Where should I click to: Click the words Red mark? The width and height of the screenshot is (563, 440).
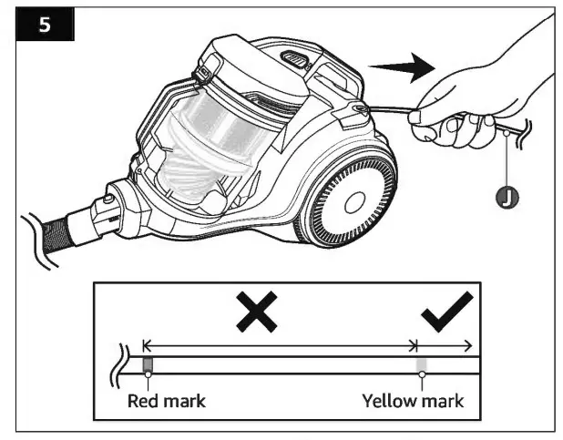click(x=166, y=401)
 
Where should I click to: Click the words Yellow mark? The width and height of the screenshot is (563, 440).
click(x=413, y=401)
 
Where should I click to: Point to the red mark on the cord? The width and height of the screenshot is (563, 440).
click(x=148, y=366)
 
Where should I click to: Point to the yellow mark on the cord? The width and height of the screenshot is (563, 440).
click(x=421, y=366)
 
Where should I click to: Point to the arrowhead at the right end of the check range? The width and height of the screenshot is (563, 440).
click(x=467, y=345)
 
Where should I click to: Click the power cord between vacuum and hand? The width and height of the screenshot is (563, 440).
click(x=387, y=113)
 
